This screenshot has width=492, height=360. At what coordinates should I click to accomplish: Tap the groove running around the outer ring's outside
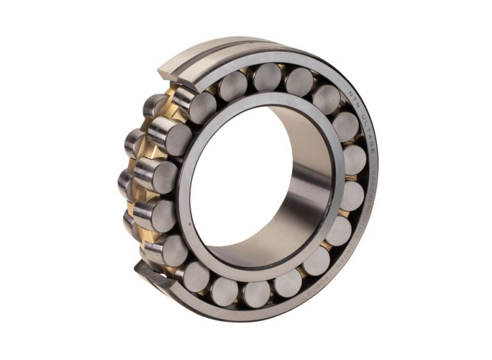pos(211,51)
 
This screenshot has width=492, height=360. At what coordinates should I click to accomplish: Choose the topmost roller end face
pos(266,76)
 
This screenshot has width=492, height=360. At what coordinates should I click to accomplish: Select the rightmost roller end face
pos(354,160)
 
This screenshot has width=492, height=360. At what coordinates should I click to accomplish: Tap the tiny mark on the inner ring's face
pos(192,224)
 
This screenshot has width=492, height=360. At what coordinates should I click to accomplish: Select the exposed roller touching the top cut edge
pos(192,102)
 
